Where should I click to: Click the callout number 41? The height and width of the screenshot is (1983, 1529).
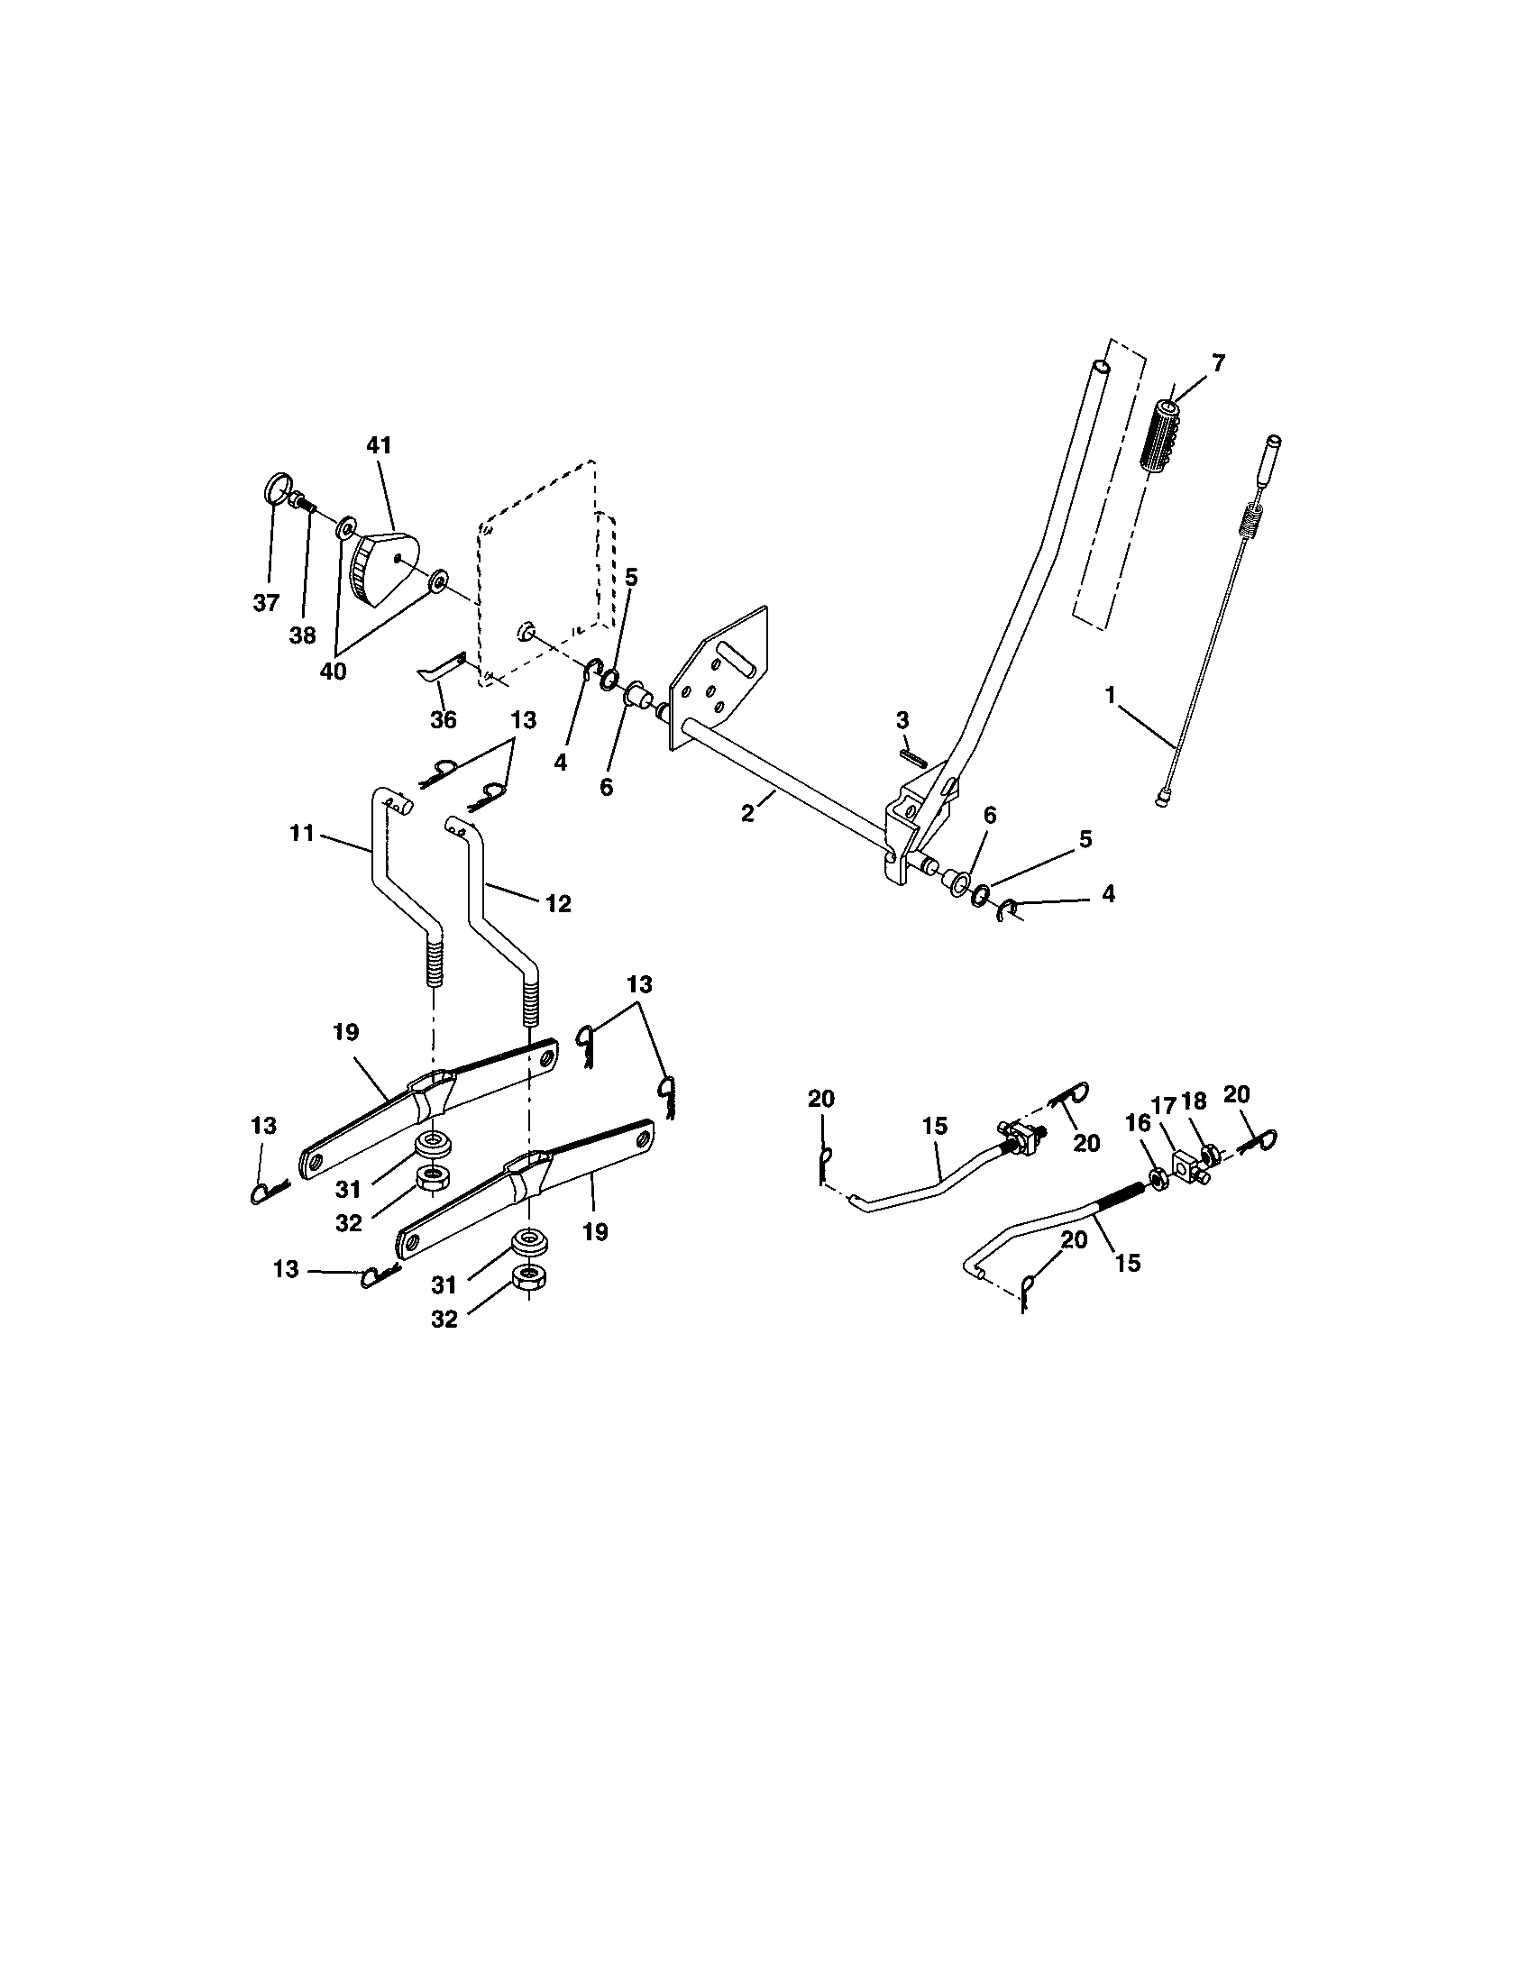379,446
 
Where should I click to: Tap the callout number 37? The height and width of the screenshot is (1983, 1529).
265,603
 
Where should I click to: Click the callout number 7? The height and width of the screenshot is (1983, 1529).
1218,363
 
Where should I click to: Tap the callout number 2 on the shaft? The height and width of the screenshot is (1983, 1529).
747,813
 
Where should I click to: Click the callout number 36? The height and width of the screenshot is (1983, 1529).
442,720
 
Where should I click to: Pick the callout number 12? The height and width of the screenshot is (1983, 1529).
558,903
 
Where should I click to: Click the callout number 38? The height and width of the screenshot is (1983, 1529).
302,635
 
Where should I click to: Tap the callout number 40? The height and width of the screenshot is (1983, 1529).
334,672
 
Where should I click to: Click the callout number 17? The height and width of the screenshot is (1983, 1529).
1165,1106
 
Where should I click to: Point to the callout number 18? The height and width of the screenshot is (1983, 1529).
1195,1101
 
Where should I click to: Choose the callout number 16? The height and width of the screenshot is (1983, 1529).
1137,1123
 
